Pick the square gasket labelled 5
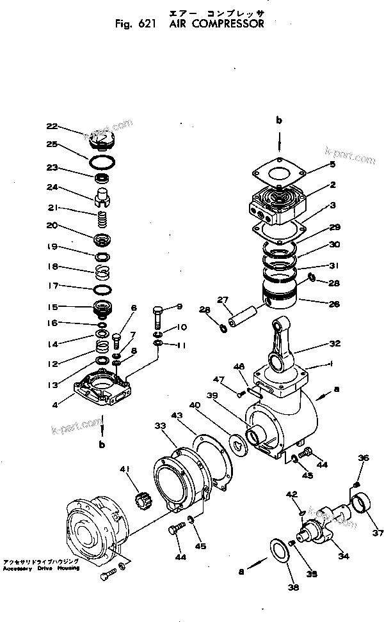[279, 171]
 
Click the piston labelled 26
[280, 297]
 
